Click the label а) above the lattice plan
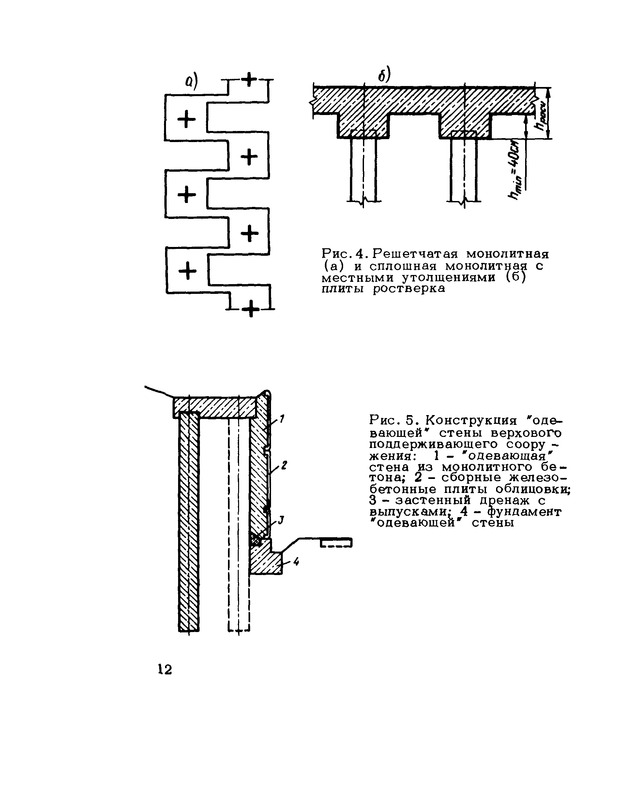point(191,82)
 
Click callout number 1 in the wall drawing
point(282,420)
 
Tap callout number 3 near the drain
point(280,521)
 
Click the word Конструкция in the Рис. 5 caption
point(471,421)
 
